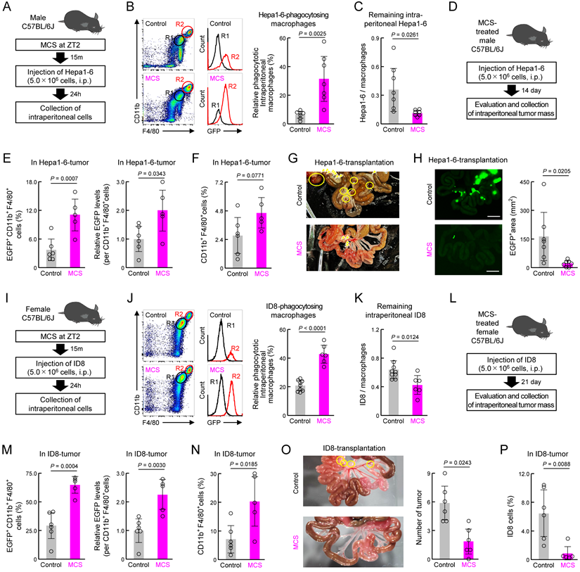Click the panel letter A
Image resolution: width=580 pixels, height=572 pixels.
coord(8,9)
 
